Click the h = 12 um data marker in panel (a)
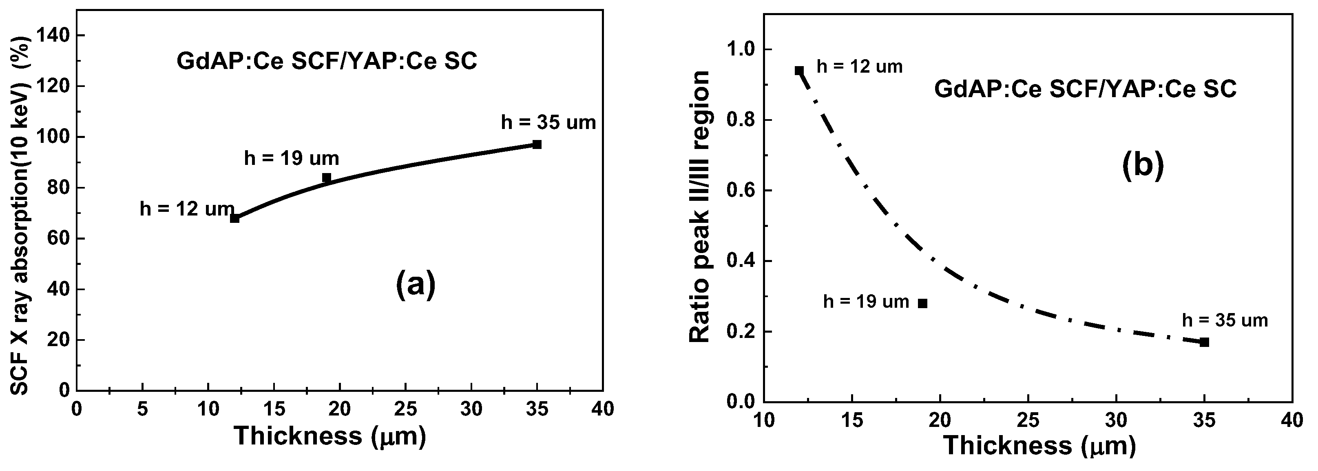point(234,218)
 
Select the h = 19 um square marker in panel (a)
point(326,178)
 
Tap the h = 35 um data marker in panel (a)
point(537,144)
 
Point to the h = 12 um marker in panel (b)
point(799,70)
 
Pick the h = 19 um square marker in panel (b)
point(923,303)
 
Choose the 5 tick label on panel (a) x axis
point(142,409)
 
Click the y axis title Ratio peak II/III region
point(700,207)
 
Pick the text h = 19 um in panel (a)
point(292,159)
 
